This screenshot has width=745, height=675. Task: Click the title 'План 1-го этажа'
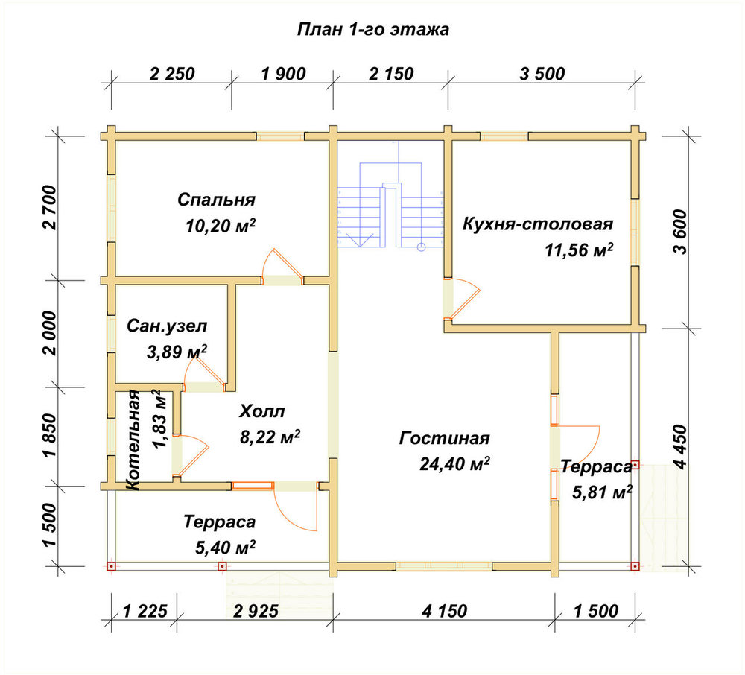pos(373,30)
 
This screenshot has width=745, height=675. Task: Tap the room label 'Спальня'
pos(216,200)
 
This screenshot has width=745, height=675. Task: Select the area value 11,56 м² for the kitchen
pos(579,250)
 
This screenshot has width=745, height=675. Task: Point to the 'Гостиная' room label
pos(444,438)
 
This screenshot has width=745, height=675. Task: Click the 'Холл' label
pos(261,411)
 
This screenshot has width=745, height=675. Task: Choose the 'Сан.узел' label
pos(167,326)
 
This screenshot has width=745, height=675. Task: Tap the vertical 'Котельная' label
pos(133,440)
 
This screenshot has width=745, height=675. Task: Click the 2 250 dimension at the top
pos(172,74)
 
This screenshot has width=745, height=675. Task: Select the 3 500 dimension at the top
pos(542,74)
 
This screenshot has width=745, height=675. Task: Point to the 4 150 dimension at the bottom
pos(444,611)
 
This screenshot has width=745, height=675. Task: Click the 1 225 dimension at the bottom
pos(145,611)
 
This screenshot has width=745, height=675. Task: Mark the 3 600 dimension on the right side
pos(680,232)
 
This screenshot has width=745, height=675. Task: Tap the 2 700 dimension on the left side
pos(49,208)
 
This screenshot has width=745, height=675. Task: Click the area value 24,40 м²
pos(454,463)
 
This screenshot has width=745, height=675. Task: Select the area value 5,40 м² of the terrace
pos(225,547)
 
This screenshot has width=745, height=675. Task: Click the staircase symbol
pos(390,205)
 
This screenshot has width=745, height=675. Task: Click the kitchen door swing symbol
pos(465,300)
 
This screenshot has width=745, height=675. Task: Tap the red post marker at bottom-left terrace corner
pos(111,566)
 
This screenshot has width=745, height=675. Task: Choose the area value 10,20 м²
pos(221,225)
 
